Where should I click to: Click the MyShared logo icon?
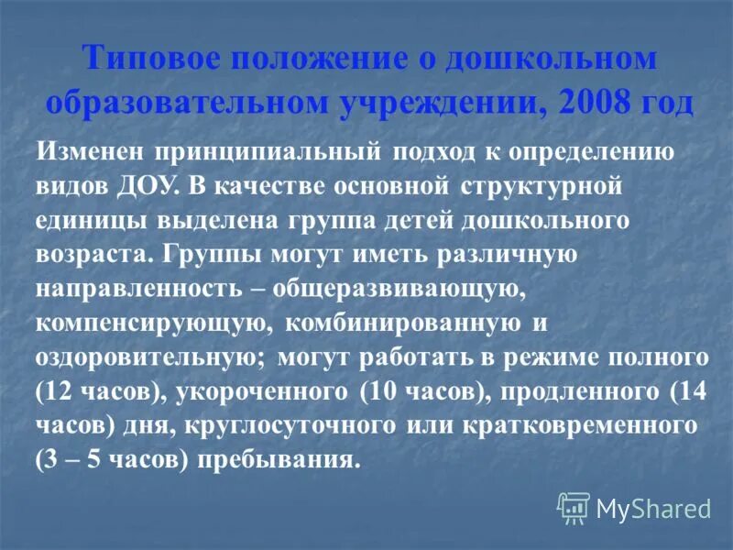(573, 507)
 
